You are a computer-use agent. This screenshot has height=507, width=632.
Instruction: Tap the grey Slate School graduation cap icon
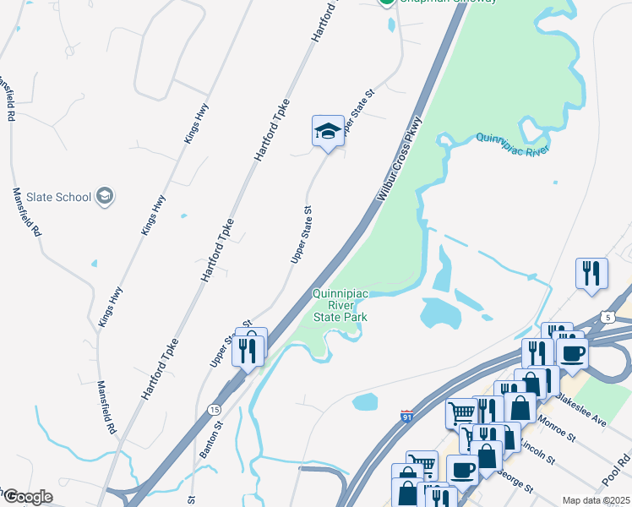(105, 197)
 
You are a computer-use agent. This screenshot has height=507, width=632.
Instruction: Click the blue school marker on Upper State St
(328, 131)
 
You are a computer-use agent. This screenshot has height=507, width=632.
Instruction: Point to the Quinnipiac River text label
(513, 144)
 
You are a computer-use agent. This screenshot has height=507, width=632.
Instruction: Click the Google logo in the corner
(28, 497)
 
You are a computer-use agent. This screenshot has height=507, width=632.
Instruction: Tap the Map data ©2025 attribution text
(597, 500)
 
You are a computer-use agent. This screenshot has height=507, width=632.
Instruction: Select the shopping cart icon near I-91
(461, 412)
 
